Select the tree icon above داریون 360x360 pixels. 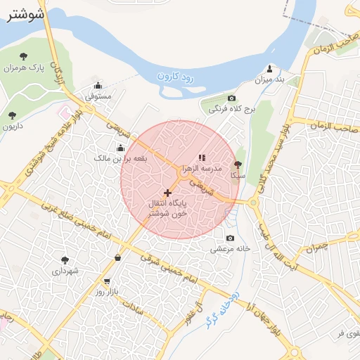click(x=11, y=115)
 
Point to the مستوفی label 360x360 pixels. click(x=98, y=96)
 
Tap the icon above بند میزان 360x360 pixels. click(x=269, y=69)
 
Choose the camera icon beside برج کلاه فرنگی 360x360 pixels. click(x=232, y=98)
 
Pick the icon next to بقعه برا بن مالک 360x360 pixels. click(x=120, y=148)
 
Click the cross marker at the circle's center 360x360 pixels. click(x=167, y=192)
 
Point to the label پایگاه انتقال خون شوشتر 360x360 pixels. click(x=167, y=207)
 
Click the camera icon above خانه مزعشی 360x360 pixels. click(x=230, y=238)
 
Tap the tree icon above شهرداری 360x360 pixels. click(x=65, y=259)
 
